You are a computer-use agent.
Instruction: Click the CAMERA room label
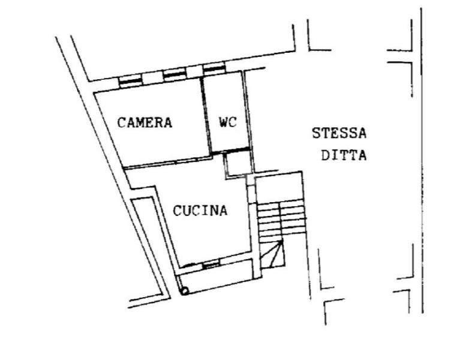[x=145, y=123]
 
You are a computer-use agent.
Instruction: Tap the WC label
[x=227, y=122]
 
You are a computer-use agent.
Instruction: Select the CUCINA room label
[x=200, y=211]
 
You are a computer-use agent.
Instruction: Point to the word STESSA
[x=339, y=133]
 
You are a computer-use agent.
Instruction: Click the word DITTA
[x=344, y=155]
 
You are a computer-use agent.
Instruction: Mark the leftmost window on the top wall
[x=130, y=80]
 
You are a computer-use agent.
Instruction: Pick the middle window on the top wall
[x=175, y=75]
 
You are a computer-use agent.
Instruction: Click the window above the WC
[x=214, y=69]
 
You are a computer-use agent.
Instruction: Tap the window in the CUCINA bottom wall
[x=211, y=265]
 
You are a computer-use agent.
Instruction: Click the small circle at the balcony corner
[x=185, y=291]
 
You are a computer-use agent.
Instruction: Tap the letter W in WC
[x=223, y=122]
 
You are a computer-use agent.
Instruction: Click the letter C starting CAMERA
[x=121, y=123]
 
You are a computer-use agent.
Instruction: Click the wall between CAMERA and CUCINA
[x=168, y=164]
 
